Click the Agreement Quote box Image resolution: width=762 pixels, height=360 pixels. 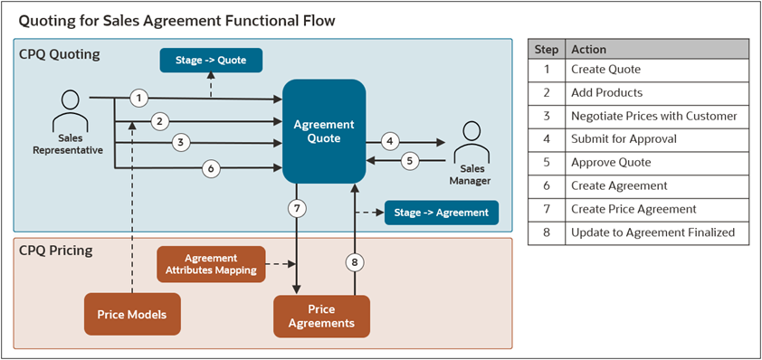tap(324, 132)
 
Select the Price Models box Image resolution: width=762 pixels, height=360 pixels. tap(132, 315)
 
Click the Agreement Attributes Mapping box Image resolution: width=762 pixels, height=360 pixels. tap(212, 263)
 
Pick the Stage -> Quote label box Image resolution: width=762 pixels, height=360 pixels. tap(210, 62)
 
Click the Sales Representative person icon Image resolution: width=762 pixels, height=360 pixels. tap(68, 109)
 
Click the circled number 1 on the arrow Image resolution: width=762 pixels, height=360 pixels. tap(138, 98)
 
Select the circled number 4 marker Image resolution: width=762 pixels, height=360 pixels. tap(390, 141)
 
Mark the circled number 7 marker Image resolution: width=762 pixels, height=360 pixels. tap(296, 209)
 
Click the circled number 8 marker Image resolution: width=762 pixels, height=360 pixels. tap(355, 263)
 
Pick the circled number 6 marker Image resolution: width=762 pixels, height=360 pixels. tap(211, 167)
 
